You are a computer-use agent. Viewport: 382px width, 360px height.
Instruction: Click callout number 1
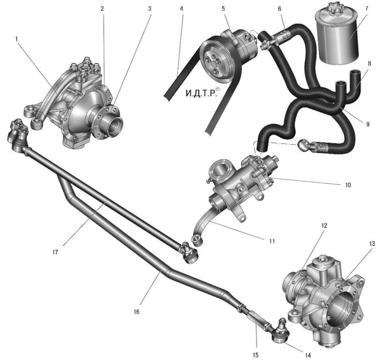coord(17,39)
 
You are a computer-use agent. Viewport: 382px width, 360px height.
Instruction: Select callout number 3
coord(150,9)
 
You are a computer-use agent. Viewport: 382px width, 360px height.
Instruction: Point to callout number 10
coord(348,185)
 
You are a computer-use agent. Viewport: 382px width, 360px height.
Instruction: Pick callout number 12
coord(324,225)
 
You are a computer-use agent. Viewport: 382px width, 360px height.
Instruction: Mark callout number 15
coord(255,355)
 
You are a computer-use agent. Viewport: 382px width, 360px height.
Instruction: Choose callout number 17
coord(55,252)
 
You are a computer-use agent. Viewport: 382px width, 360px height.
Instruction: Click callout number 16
coord(137,311)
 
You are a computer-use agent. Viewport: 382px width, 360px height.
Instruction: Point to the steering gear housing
coord(241,185)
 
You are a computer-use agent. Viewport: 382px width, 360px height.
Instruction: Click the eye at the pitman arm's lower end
coord(196,240)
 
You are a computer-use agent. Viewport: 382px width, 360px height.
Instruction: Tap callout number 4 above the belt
coord(181,9)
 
